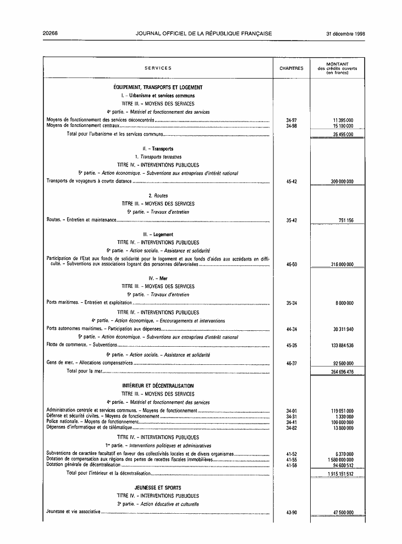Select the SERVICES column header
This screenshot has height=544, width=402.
(x=158, y=69)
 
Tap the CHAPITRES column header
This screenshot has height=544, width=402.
(x=291, y=69)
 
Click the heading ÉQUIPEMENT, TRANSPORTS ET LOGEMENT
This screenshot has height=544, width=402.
(x=158, y=87)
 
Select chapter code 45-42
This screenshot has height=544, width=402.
(x=291, y=181)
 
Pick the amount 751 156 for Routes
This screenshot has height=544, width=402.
(x=345, y=220)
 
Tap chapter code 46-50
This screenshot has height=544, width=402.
(x=291, y=264)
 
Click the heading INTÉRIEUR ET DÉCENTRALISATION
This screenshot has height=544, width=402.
(x=158, y=386)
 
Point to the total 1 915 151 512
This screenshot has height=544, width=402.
(x=340, y=474)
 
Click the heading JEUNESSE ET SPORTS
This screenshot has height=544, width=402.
(x=158, y=487)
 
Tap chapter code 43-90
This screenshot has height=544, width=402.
(x=291, y=512)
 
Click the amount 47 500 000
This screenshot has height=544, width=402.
(x=343, y=512)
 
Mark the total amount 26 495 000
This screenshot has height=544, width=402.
(x=343, y=134)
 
